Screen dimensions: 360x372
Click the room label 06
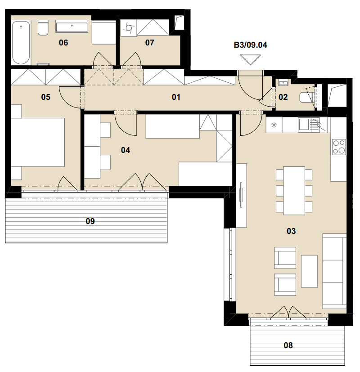(x=63, y=43)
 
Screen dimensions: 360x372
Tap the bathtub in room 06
(x=21, y=43)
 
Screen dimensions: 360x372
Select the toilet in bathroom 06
(x=43, y=28)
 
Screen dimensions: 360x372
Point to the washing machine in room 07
(x=129, y=28)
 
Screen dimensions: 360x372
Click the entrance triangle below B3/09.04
(x=250, y=59)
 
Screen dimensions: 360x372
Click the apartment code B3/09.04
(x=250, y=45)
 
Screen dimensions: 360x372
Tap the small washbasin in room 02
(x=283, y=83)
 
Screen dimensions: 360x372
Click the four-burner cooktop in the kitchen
(x=339, y=147)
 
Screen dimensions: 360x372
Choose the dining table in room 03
(x=294, y=191)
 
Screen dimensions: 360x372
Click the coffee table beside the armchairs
(x=309, y=271)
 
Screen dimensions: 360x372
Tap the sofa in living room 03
(x=334, y=271)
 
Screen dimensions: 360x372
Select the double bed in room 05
(x=38, y=142)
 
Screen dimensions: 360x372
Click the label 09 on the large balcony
(x=90, y=221)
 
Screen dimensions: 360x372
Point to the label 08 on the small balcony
(x=288, y=345)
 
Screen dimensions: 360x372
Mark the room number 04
(x=126, y=150)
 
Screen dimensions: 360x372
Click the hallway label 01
(x=176, y=97)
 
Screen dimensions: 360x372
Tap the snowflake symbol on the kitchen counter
(x=274, y=125)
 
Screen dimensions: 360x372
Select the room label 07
(x=150, y=43)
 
